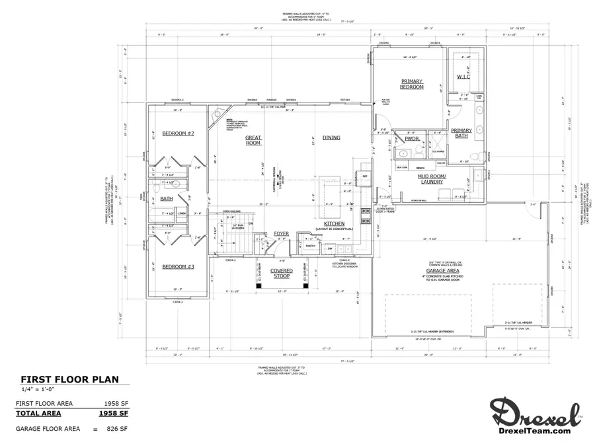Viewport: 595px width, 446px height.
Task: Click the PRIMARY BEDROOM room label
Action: (411, 84)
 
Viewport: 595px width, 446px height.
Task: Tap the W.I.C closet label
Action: (463, 77)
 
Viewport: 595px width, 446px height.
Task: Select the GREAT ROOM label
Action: (253, 140)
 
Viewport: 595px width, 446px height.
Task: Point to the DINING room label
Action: (331, 137)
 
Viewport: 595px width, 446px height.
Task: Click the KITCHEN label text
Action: (334, 224)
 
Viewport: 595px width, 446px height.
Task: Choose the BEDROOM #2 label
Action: (178, 133)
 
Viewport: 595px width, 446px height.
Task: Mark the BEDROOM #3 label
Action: (178, 266)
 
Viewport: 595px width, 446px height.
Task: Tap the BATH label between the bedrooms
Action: (167, 198)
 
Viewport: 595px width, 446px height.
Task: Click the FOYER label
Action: (282, 234)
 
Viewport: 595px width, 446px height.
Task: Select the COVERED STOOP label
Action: (282, 273)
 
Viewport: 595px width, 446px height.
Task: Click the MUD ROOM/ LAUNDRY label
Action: (432, 179)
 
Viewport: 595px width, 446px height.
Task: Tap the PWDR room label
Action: (412, 139)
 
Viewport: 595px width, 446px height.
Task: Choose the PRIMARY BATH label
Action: (461, 133)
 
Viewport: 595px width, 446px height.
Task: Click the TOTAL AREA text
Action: (38, 414)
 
